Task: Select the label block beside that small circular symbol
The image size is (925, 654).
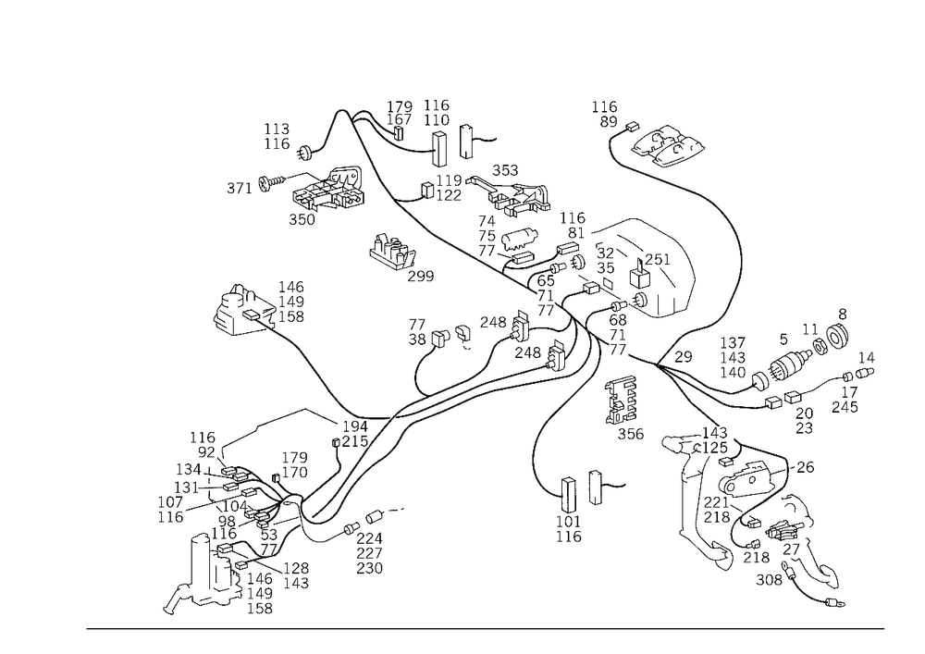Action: pyautogui.click(x=274, y=135)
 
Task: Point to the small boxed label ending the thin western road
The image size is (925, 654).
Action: pyautogui.click(x=239, y=188)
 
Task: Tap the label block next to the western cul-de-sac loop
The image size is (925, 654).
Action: pyautogui.click(x=292, y=302)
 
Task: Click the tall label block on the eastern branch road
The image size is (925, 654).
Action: pyautogui.click(x=736, y=356)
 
